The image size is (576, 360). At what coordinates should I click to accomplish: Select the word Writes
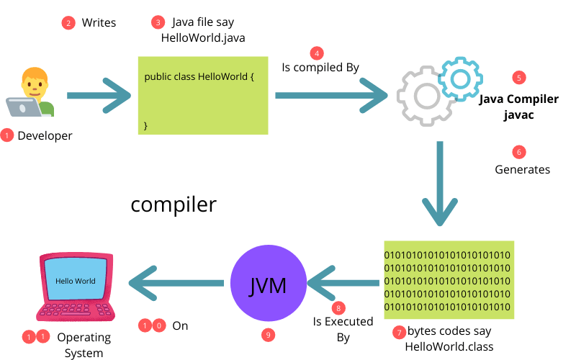99,23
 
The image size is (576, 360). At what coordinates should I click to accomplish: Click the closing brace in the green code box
146,125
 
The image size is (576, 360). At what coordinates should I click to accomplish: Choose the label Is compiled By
320,68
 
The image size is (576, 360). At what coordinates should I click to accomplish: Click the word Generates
522,170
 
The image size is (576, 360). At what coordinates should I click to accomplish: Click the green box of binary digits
448,279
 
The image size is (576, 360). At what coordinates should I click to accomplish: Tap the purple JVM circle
268,286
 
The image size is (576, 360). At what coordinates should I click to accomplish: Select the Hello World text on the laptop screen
75,280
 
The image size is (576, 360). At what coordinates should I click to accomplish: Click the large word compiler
173,204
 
